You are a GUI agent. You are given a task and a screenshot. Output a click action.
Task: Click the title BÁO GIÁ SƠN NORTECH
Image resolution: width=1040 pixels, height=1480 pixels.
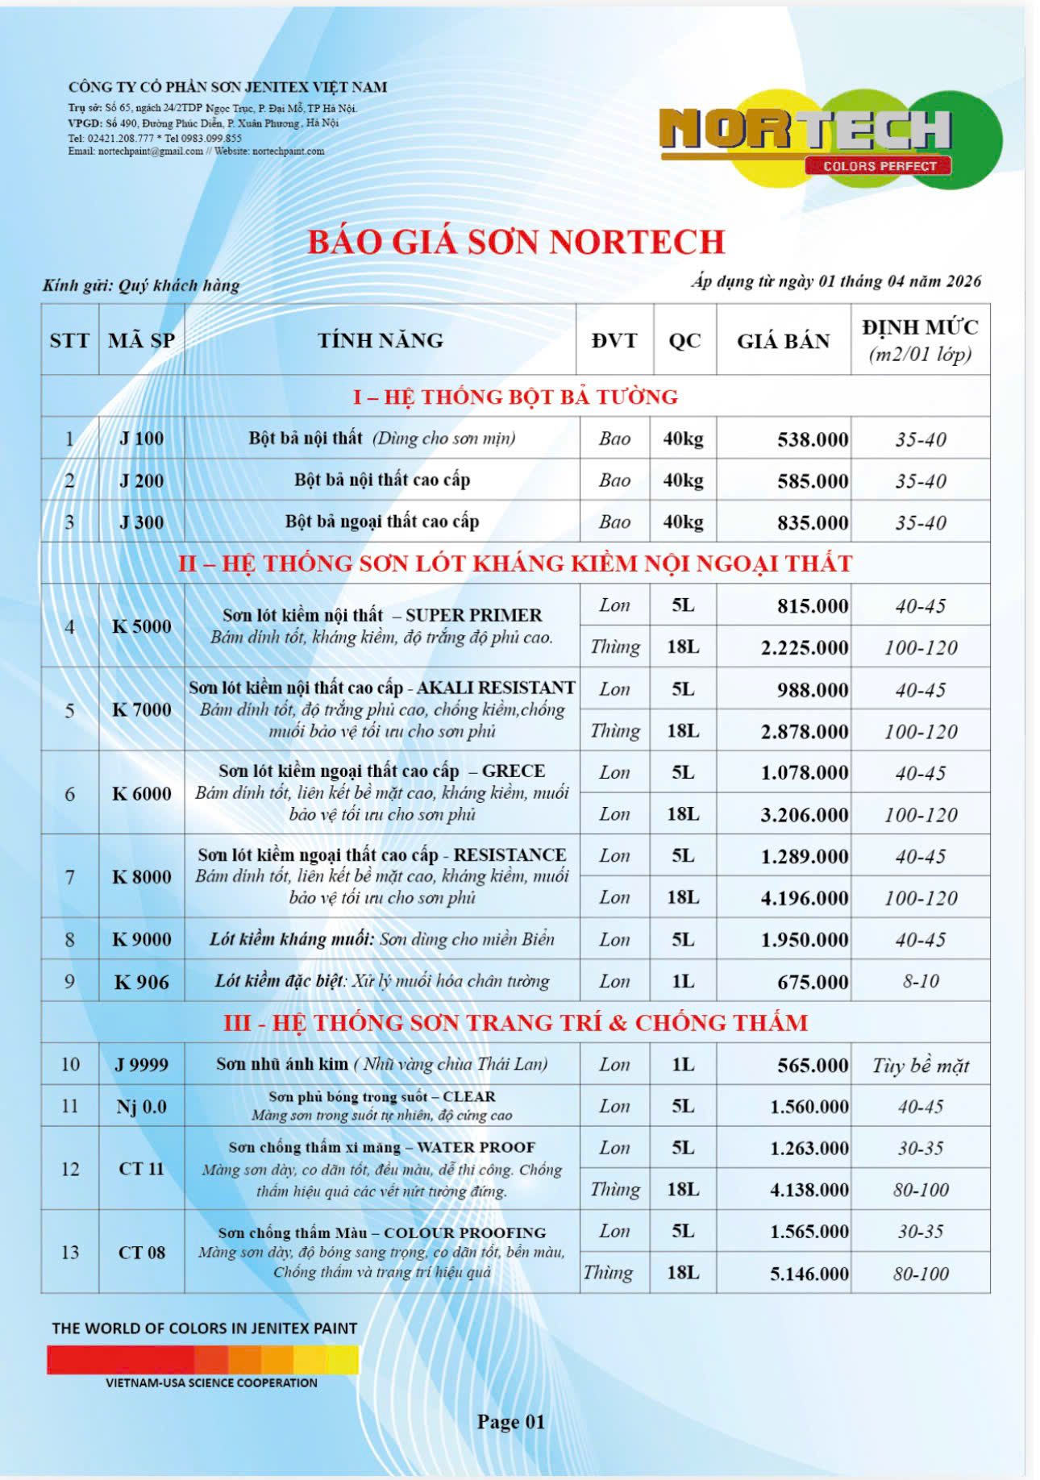(516, 242)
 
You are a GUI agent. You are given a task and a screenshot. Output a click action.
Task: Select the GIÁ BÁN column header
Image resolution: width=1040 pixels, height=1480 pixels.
(783, 341)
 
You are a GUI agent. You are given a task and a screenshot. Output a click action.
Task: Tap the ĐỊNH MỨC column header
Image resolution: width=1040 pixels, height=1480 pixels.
(920, 339)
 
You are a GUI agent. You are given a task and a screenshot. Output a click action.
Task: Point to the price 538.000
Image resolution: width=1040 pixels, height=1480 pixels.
(812, 439)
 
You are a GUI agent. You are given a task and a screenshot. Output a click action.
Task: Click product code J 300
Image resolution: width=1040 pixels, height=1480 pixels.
(141, 522)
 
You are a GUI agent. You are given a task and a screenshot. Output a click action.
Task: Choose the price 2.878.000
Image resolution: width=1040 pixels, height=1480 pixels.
(804, 731)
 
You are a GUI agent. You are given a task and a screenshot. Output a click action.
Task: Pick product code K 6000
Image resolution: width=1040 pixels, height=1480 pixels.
(141, 793)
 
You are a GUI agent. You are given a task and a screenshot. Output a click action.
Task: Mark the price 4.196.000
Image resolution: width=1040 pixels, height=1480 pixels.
(804, 898)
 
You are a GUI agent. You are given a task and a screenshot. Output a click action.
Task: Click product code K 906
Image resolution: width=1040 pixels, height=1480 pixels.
(141, 982)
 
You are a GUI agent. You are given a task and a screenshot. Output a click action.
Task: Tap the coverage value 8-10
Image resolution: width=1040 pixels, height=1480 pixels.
(921, 981)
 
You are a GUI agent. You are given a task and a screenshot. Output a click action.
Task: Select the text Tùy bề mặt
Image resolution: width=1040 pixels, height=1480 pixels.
(921, 1066)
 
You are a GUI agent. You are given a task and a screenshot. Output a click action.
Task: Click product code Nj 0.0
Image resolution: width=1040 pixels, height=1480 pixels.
(141, 1107)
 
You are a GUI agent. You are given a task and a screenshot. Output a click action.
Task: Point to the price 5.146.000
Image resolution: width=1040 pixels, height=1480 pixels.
(809, 1274)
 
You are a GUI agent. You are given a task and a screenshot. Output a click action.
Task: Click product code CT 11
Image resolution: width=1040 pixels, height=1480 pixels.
(141, 1168)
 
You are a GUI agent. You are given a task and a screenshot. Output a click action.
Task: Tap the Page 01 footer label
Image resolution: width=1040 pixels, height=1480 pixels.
(511, 1421)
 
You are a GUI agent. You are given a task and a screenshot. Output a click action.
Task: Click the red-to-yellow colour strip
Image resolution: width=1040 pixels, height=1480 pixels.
(202, 1360)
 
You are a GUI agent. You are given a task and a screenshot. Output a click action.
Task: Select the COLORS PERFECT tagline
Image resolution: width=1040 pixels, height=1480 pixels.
(879, 166)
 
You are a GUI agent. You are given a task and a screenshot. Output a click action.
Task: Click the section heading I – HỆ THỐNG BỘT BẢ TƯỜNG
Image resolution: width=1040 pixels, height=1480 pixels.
(515, 397)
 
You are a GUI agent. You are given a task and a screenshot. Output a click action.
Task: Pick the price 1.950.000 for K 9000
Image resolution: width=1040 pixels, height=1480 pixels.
(804, 940)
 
